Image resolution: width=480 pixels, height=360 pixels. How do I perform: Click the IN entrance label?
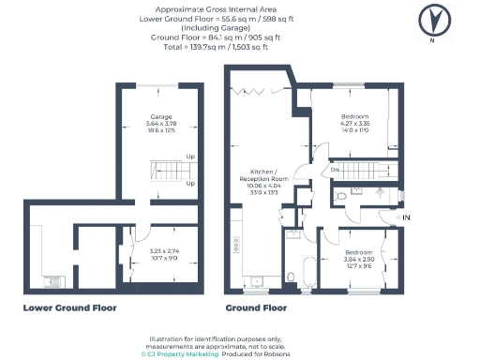click(x=405, y=217)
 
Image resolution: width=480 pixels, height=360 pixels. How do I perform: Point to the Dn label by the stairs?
click(x=335, y=170)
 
